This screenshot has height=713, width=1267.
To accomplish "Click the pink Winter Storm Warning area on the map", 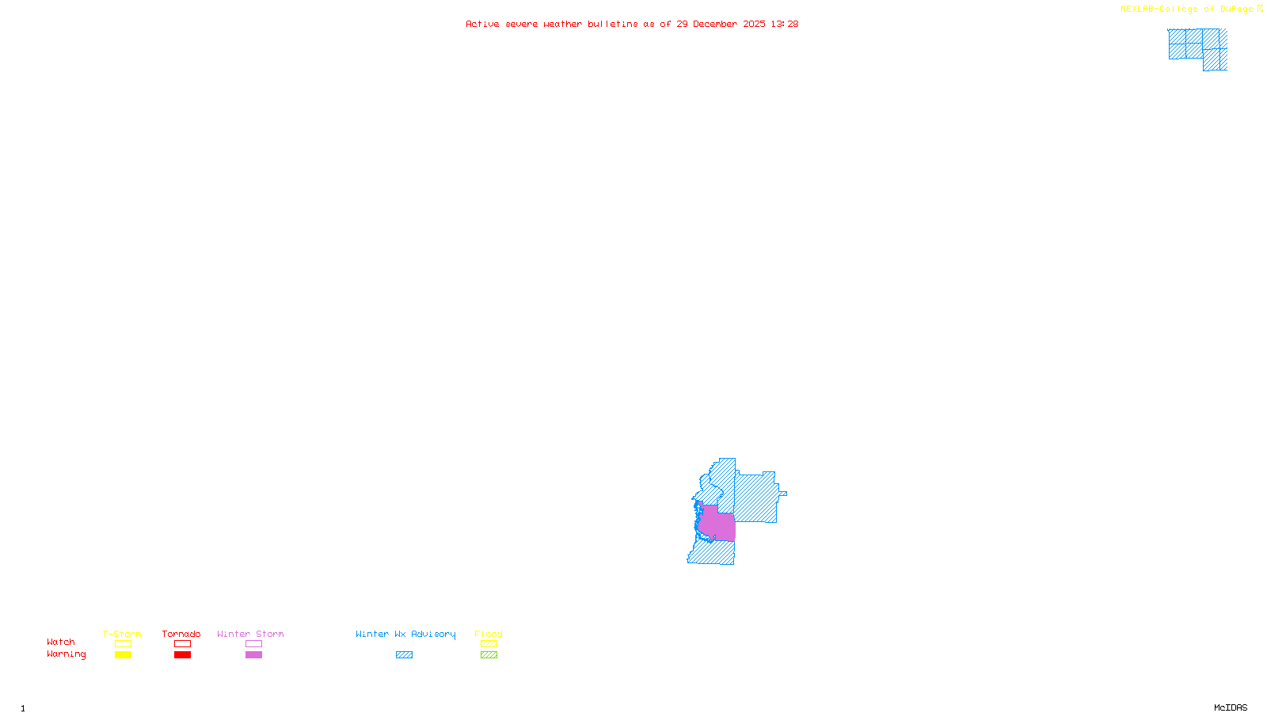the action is [x=717, y=525].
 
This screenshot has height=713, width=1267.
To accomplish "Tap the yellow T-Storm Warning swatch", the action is [x=123, y=655].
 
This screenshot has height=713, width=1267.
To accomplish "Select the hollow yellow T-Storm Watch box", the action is [x=123, y=644].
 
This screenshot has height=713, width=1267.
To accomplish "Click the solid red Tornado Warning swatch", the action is [x=182, y=655].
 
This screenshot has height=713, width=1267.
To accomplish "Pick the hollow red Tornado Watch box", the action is [x=182, y=644].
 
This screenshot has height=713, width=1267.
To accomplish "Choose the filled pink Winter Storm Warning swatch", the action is [x=253, y=655].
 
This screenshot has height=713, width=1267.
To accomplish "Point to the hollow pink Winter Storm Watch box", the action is [x=253, y=644].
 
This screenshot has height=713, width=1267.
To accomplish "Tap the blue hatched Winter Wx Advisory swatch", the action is [x=404, y=655].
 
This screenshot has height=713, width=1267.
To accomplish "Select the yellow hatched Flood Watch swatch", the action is [x=489, y=644].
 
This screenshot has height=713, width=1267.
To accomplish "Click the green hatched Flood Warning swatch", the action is [x=489, y=655].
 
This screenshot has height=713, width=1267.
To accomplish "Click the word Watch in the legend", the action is [x=61, y=642].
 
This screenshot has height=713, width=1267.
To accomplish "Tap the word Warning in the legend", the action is [x=66, y=654].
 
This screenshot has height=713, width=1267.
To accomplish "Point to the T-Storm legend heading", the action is [x=122, y=634].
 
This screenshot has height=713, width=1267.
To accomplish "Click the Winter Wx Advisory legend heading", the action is [x=405, y=634].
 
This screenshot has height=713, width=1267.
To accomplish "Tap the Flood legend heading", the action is [x=489, y=634].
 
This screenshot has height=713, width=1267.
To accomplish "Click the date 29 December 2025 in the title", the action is [x=721, y=24].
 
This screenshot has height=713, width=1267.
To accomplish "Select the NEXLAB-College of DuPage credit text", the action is [x=1186, y=10].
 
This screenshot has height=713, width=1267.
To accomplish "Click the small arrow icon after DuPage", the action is [x=1260, y=9].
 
